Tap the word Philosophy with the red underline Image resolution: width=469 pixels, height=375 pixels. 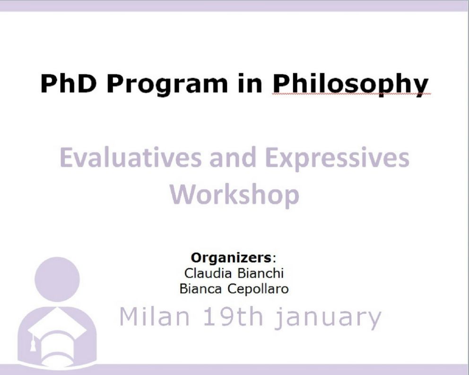(350, 85)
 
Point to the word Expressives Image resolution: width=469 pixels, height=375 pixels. (337, 159)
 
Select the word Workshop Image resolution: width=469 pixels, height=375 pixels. (234, 194)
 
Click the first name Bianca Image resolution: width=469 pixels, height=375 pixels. (200, 289)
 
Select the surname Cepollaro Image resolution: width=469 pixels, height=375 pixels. (258, 289)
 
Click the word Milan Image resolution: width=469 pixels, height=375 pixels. (155, 316)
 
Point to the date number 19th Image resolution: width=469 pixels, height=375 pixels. (233, 316)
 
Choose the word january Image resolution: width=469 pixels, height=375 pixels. (328, 318)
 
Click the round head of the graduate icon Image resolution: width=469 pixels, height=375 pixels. (57, 280)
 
